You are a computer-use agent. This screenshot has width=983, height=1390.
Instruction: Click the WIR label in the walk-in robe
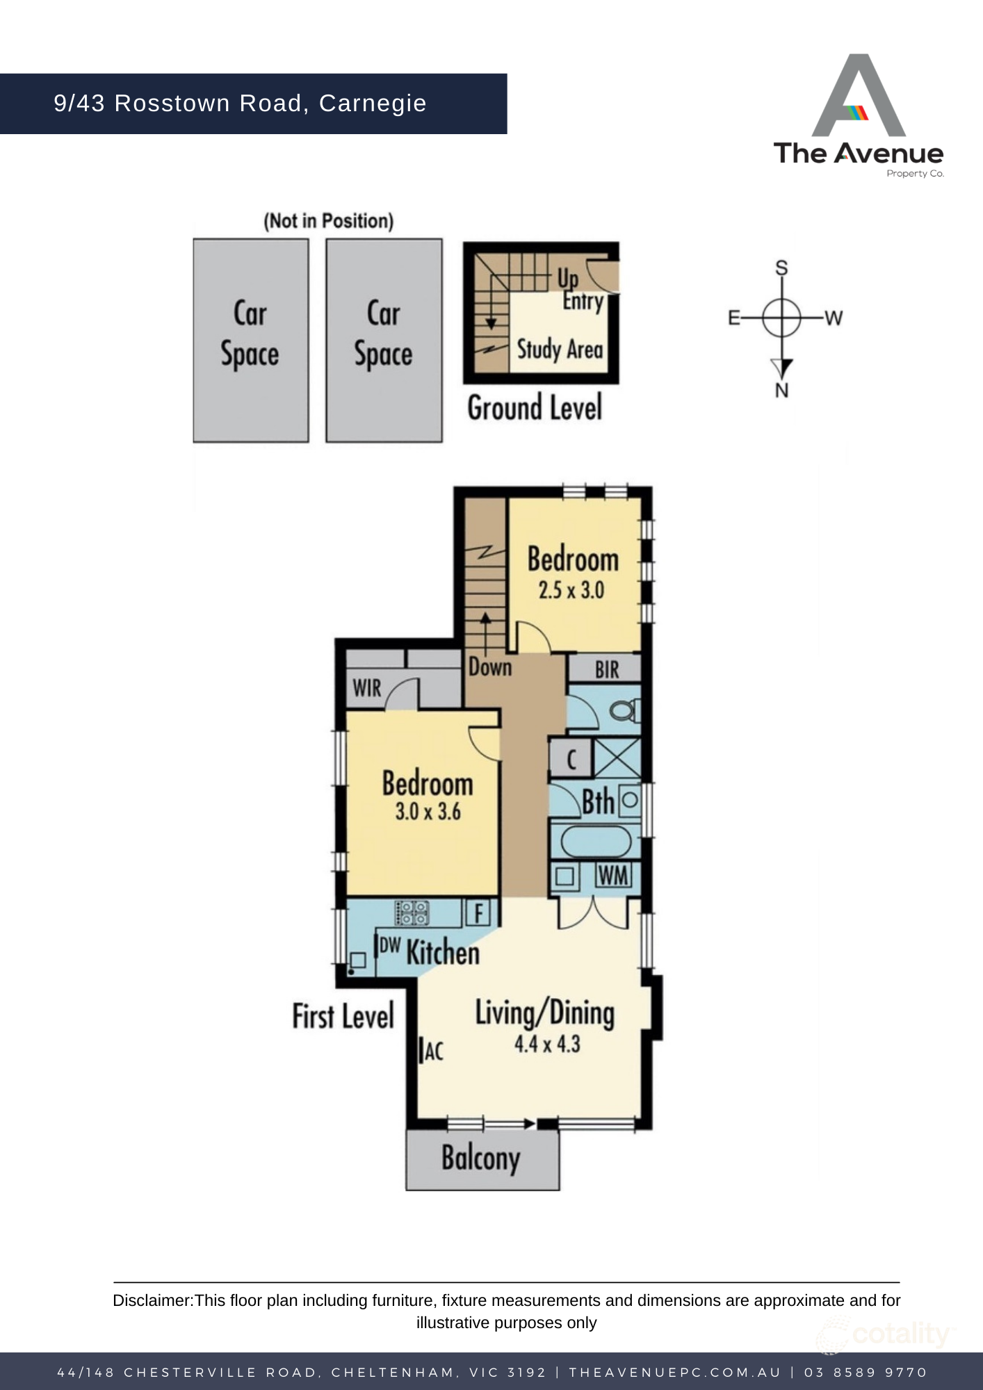click(366, 688)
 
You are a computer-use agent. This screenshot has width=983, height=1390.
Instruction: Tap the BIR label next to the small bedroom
click(606, 669)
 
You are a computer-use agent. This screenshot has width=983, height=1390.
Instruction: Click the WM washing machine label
click(612, 876)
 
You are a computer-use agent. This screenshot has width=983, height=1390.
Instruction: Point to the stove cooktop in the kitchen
click(412, 913)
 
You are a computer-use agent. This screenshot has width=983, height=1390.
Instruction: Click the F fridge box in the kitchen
click(478, 913)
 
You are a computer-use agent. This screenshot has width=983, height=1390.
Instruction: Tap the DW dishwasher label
click(389, 945)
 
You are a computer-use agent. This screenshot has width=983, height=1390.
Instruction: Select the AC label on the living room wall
click(433, 1051)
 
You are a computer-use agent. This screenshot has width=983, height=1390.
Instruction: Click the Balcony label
click(480, 1158)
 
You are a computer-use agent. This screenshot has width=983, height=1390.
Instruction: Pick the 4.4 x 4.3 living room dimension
click(546, 1044)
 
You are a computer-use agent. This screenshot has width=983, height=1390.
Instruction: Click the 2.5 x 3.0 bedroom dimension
click(571, 590)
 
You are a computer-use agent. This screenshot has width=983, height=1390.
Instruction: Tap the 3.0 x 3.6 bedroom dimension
click(428, 811)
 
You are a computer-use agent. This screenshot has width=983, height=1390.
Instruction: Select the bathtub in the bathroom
click(595, 842)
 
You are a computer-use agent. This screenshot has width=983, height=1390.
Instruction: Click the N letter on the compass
click(781, 391)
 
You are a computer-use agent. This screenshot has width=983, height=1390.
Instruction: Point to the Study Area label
click(560, 350)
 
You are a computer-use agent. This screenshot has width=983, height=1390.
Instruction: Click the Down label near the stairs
click(489, 667)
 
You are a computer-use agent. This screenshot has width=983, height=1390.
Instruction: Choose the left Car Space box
click(250, 340)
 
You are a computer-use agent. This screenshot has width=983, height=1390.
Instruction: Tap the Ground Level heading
click(534, 408)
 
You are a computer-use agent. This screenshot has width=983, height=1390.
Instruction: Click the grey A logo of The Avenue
click(859, 97)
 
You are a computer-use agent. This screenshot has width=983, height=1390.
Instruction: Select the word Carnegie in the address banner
click(372, 103)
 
